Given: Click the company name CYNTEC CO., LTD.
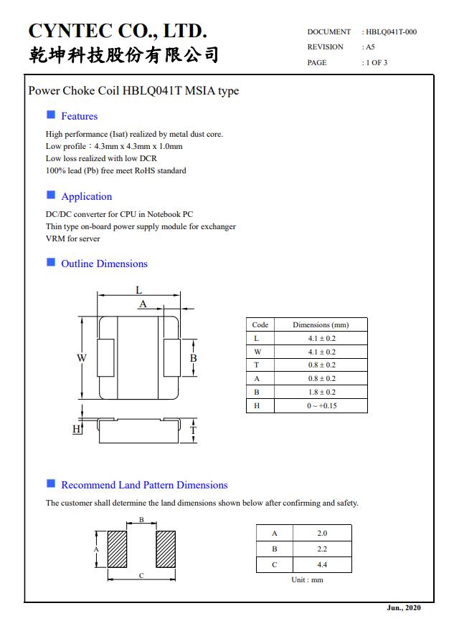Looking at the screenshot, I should click(x=118, y=31).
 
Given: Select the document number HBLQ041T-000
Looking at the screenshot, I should click(x=391, y=32).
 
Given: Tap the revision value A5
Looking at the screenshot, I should click(x=370, y=47).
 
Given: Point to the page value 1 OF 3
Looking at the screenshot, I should click(x=376, y=62).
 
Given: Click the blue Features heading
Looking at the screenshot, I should click(x=79, y=116).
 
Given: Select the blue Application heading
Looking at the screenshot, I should click(x=86, y=196).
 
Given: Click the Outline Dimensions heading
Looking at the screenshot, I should click(x=104, y=264).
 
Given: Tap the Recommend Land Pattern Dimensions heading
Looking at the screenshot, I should click(x=144, y=485).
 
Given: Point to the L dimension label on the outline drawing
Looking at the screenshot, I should click(x=139, y=290).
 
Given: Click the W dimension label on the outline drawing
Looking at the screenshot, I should click(x=82, y=358).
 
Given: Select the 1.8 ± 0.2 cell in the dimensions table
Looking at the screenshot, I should click(x=321, y=392).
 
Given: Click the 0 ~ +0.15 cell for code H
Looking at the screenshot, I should click(x=321, y=405).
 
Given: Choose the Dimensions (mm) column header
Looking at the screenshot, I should click(x=321, y=324).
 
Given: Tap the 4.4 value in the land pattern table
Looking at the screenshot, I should click(x=322, y=564).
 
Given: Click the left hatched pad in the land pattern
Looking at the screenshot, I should click(x=117, y=549).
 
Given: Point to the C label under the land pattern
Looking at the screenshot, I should click(x=141, y=576).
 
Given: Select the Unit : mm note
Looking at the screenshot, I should click(x=307, y=579).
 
